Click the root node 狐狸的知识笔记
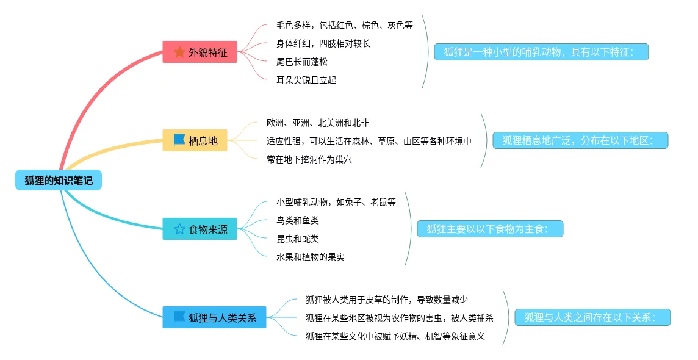click(x=59, y=180)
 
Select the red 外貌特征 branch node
click(x=199, y=52)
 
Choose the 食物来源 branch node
click(x=200, y=229)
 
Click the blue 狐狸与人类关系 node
click(x=214, y=317)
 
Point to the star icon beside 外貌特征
click(x=179, y=52)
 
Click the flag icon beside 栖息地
click(x=179, y=140)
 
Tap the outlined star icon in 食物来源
click(x=179, y=229)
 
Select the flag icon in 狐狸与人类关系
click(x=179, y=317)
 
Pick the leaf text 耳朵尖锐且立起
click(x=306, y=80)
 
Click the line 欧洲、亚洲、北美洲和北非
click(x=317, y=123)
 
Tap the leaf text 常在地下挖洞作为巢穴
click(x=309, y=159)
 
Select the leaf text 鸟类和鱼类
click(x=298, y=220)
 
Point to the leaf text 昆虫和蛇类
click(x=298, y=239)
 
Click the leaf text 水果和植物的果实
click(x=311, y=257)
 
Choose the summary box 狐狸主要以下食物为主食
click(x=490, y=229)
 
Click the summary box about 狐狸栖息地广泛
click(x=580, y=140)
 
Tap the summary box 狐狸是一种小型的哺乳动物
click(x=541, y=52)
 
